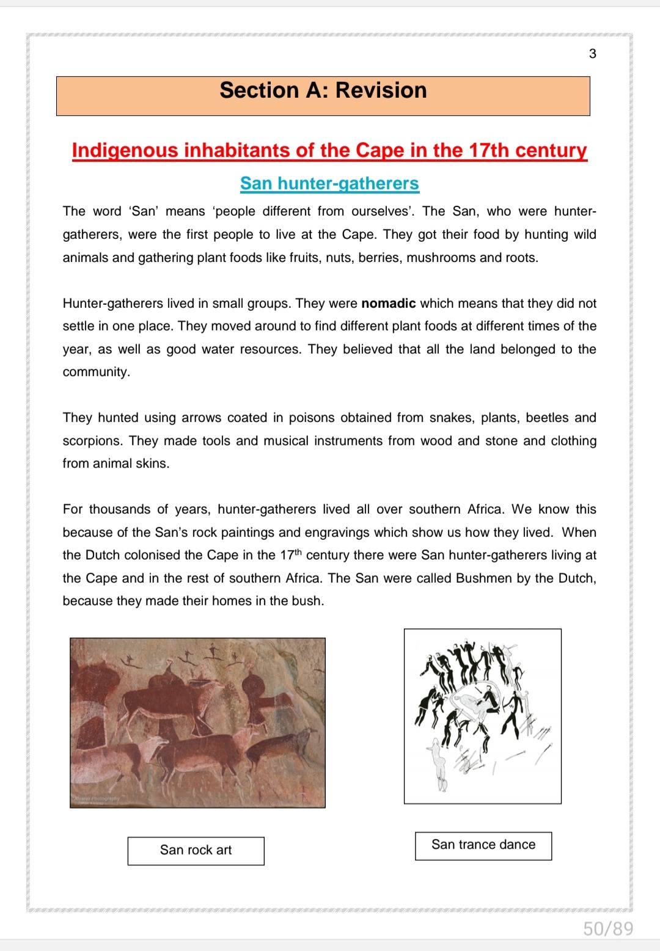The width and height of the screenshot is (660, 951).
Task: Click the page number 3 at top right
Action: point(592,54)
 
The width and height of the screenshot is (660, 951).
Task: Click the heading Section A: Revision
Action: point(323,90)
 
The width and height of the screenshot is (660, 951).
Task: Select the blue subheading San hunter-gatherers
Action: point(329,183)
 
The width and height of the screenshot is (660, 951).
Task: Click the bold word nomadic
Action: point(389,304)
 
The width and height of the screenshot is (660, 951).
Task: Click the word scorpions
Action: point(93,441)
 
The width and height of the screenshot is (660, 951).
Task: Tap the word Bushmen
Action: point(485,578)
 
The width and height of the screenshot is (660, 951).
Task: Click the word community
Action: point(95,372)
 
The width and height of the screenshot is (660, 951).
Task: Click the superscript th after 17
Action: point(298,552)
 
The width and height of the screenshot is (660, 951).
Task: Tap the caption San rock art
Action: point(196,850)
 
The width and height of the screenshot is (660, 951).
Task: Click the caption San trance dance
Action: point(483,845)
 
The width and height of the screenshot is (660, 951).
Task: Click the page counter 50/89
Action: point(608,929)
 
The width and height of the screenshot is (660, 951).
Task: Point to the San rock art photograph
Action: point(197,723)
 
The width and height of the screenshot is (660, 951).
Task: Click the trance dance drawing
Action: point(482,716)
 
